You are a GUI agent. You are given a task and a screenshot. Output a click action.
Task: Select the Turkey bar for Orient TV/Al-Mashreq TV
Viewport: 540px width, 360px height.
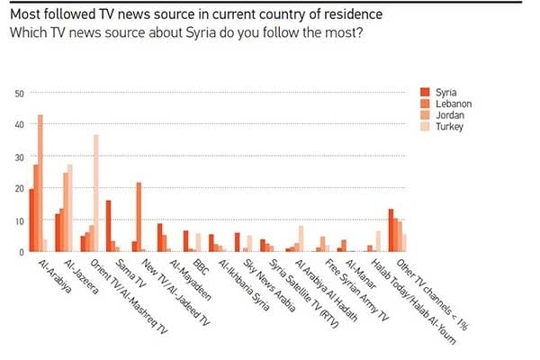point(95,193)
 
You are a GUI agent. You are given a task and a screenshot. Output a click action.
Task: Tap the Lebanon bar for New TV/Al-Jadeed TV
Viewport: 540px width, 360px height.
point(139,217)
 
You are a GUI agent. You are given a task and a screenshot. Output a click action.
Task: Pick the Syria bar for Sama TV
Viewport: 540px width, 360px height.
point(108,226)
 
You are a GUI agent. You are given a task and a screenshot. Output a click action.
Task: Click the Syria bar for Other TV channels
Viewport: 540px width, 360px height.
point(391,230)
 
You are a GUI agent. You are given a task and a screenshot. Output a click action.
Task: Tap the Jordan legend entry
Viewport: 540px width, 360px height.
point(447,115)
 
